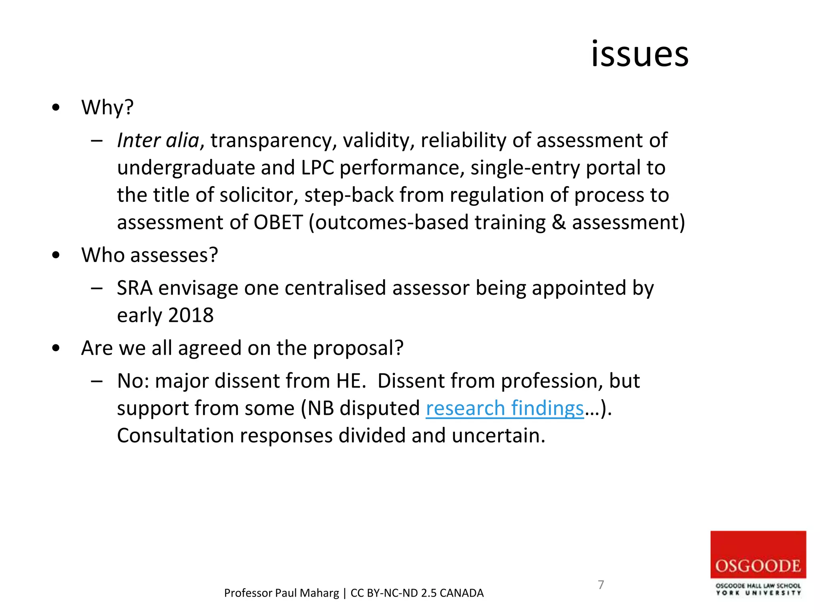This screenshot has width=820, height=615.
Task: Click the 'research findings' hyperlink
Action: pyautogui.click(x=504, y=408)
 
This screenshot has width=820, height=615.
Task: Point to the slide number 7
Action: pyautogui.click(x=601, y=585)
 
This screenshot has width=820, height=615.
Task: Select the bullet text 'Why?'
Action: pyautogui.click(x=107, y=107)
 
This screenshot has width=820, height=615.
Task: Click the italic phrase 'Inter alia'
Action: pyautogui.click(x=158, y=141)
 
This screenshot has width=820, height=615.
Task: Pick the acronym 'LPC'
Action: pyautogui.click(x=317, y=168)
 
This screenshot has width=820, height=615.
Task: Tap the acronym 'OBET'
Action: pyautogui.click(x=278, y=223)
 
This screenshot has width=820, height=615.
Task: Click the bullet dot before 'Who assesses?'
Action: pyautogui.click(x=56, y=255)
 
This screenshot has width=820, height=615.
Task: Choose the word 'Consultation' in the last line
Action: pyautogui.click(x=175, y=436)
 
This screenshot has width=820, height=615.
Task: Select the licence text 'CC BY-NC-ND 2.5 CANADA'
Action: pyautogui.click(x=417, y=593)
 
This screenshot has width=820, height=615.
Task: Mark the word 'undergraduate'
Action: pyautogui.click(x=186, y=168)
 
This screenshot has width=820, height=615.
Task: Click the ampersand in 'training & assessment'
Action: pyautogui.click(x=559, y=223)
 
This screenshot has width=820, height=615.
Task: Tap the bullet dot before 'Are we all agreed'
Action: pyautogui.click(x=56, y=348)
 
